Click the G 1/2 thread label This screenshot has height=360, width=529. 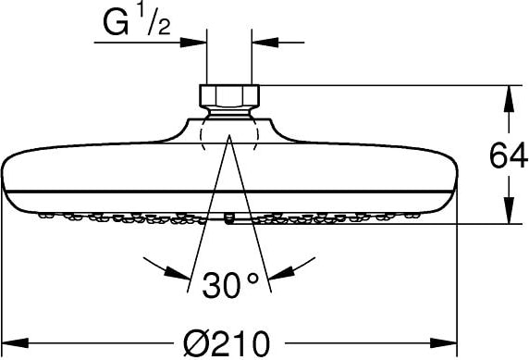[x=137, y=22]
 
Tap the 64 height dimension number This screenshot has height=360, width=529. [x=509, y=155]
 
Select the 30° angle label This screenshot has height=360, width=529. [x=230, y=285]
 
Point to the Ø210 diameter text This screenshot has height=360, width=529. [x=227, y=343]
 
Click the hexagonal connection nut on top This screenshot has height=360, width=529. [x=229, y=95]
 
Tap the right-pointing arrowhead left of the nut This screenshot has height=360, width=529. [x=193, y=43]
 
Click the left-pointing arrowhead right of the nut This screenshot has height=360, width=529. [x=265, y=43]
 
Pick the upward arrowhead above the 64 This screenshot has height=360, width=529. [x=509, y=99]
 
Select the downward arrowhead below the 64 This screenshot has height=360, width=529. [x=509, y=211]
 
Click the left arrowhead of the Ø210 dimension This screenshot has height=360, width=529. [x=15, y=343]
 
